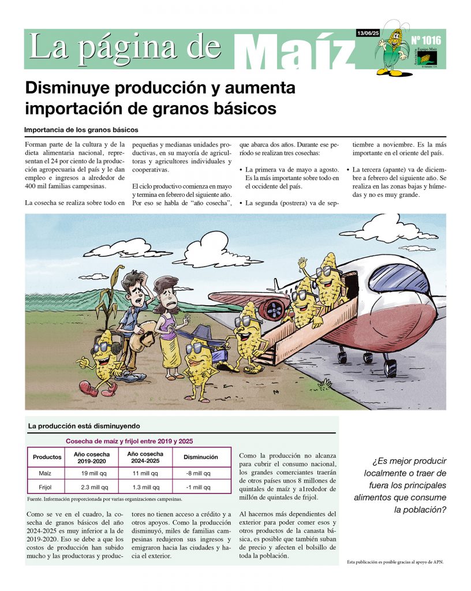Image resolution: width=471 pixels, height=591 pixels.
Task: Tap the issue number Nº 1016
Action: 426,40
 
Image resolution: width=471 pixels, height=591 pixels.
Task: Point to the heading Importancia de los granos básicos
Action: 81,130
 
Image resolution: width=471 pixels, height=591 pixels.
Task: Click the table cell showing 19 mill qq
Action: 91,473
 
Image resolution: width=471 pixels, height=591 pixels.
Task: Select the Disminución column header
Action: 200,457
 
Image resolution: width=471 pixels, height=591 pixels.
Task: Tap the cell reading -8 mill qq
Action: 200,473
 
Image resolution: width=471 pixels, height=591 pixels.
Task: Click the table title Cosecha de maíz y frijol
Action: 129,441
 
